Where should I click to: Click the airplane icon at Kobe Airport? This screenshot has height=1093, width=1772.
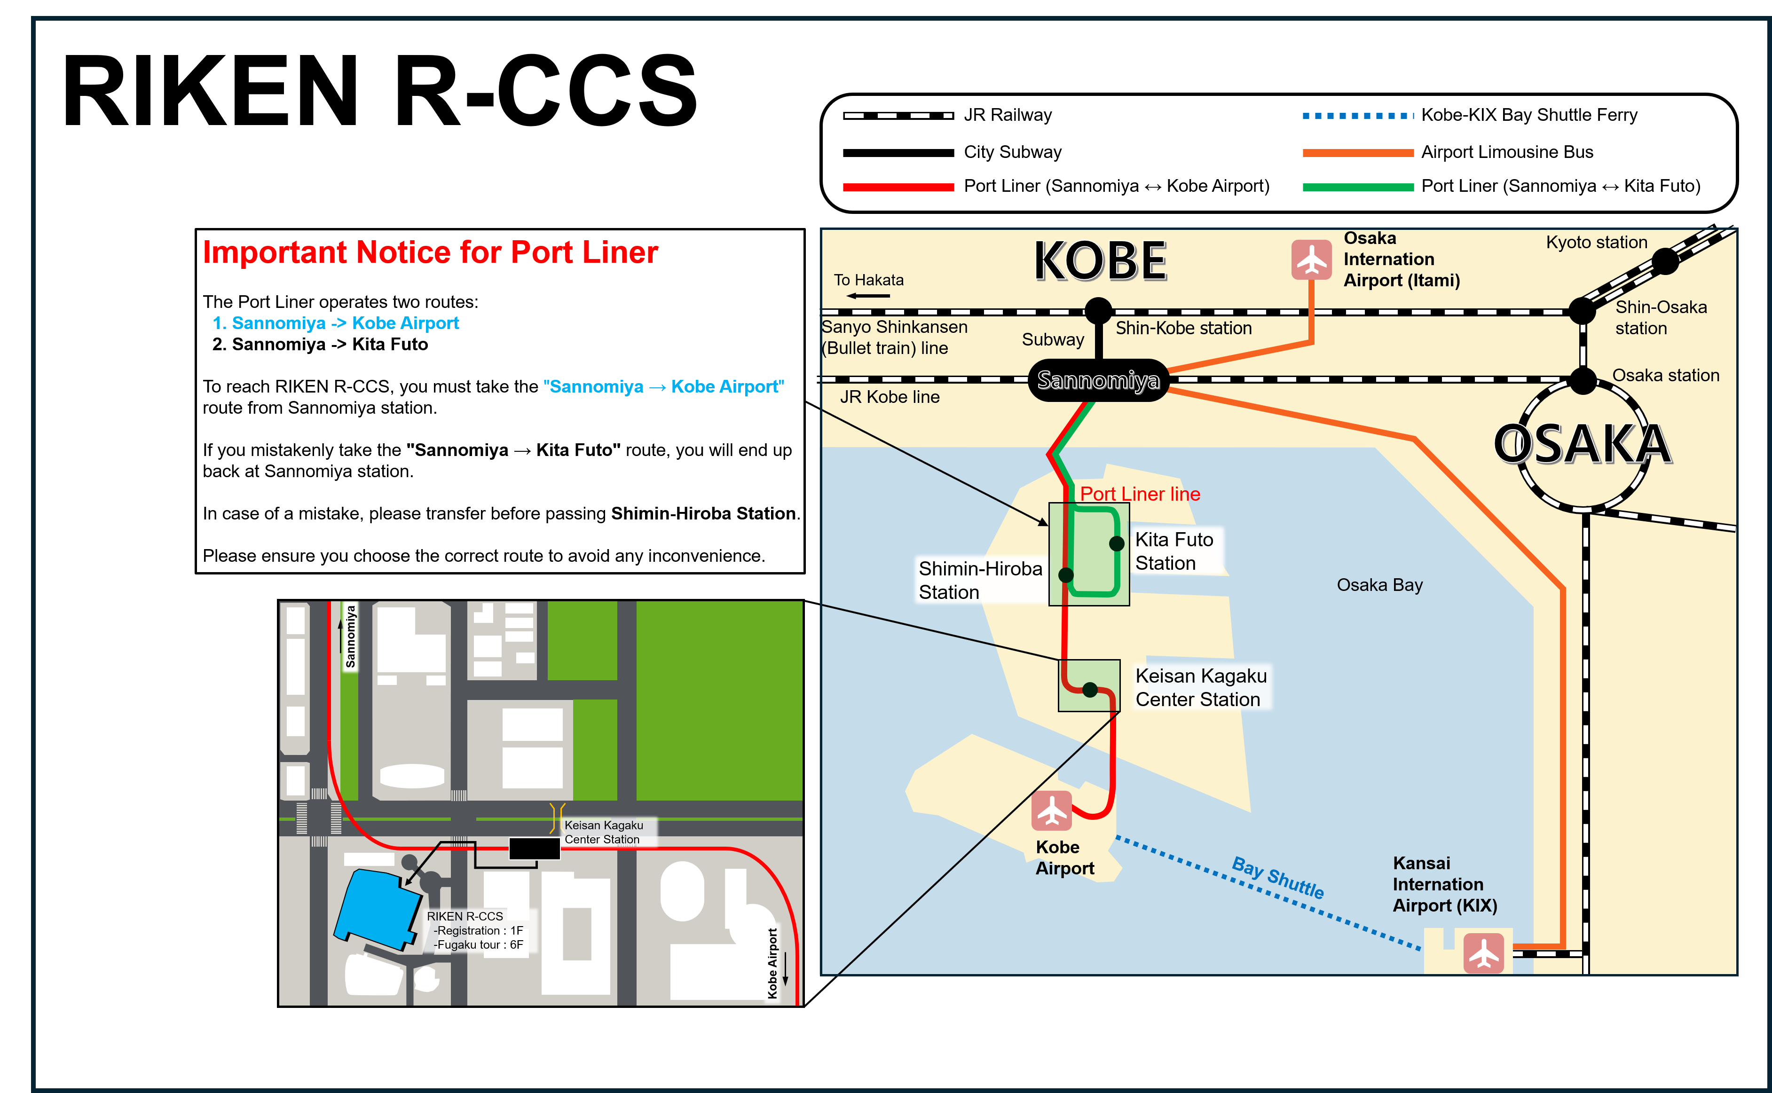pyautogui.click(x=1051, y=810)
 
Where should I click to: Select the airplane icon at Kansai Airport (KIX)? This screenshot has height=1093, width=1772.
pyautogui.click(x=1483, y=953)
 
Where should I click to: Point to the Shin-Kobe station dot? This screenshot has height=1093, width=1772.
pyautogui.click(x=1098, y=311)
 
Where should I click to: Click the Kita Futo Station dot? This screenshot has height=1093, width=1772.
pyautogui.click(x=1116, y=543)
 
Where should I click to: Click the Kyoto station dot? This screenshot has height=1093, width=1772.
pyautogui.click(x=1665, y=261)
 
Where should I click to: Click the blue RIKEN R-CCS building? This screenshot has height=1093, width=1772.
pyautogui.click(x=376, y=909)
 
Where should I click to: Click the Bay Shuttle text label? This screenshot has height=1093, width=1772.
pyautogui.click(x=1277, y=877)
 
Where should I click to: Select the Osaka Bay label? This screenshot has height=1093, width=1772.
pyautogui.click(x=1378, y=585)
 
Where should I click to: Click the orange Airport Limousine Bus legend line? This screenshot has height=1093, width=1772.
pyautogui.click(x=1357, y=152)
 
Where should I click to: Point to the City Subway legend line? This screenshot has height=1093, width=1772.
pyautogui.click(x=898, y=152)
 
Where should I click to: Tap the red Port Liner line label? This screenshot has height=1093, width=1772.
pyautogui.click(x=1139, y=494)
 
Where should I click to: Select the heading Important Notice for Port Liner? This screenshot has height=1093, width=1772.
pyautogui.click(x=430, y=252)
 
